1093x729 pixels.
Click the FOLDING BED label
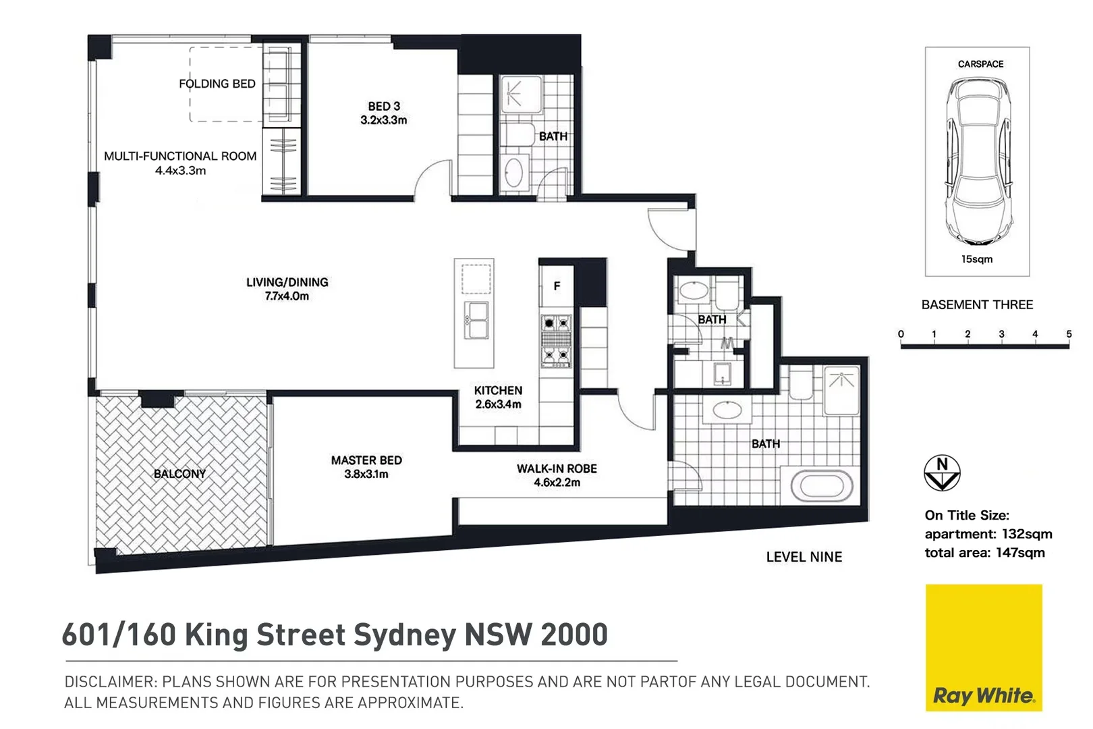pos(217,84)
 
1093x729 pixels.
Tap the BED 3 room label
pos(383,107)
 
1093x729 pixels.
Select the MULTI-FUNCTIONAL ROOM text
pos(180,156)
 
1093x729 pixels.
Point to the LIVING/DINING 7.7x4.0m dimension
pos(287,296)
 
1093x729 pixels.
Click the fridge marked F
pos(557,286)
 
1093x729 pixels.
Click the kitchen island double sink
pos(476,320)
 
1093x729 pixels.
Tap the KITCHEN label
pos(498,390)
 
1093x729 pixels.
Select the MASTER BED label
pos(366,460)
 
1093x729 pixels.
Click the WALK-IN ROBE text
pos(557,468)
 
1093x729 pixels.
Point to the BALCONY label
pos(179,474)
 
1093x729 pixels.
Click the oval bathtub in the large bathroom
pos(821,486)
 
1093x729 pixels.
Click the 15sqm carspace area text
pos(977,259)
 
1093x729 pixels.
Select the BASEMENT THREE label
pos(977,304)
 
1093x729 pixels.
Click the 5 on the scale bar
pos(1069,334)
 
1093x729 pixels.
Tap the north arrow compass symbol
pos(942,473)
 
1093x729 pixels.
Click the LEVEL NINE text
pos(804,557)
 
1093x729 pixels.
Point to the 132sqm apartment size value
pos(1027,534)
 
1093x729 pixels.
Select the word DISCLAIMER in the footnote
pos(111,682)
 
